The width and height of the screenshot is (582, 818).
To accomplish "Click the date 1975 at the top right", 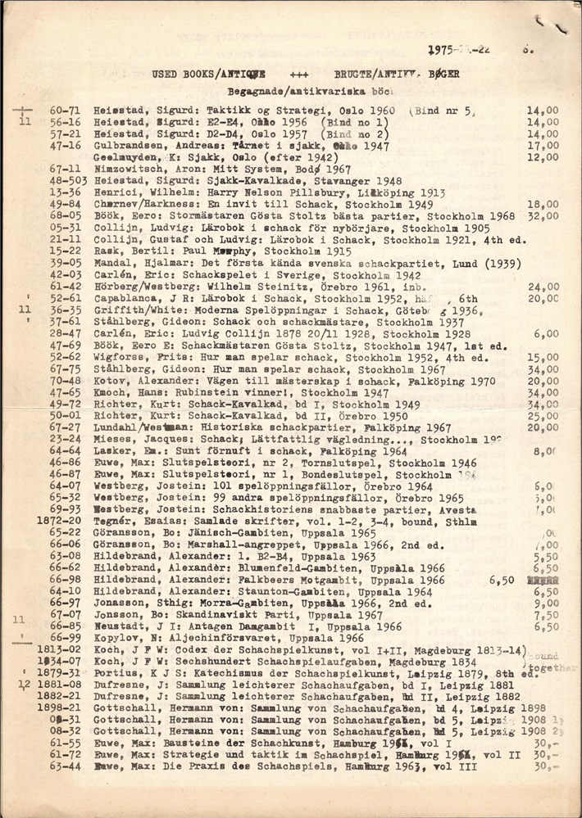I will [443, 49].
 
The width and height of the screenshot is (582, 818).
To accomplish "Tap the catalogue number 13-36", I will [65, 192].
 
